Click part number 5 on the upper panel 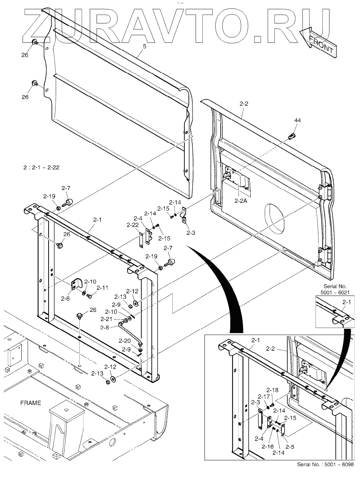tap(144, 47)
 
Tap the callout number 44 tap(297, 120)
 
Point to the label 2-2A tap(241, 201)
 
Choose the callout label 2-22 tap(133, 225)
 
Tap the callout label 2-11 tap(102, 288)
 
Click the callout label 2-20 tap(124, 340)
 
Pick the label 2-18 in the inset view tap(273, 390)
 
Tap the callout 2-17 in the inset tap(264, 396)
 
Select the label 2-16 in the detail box tap(267, 447)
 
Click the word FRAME tap(31, 403)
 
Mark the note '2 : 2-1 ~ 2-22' tap(41, 168)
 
